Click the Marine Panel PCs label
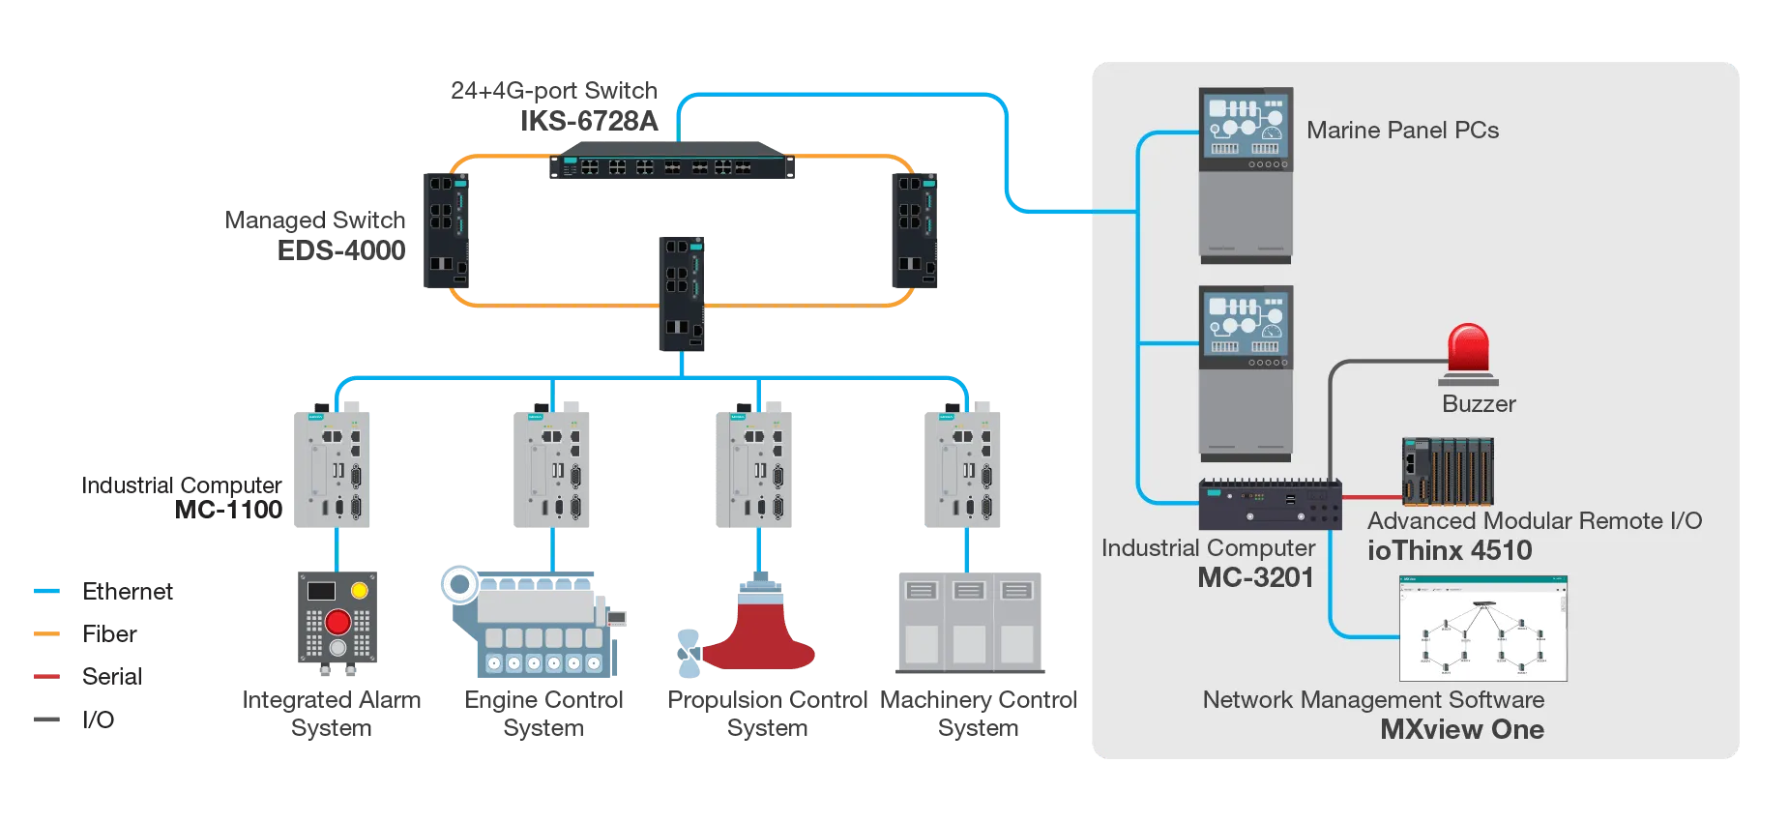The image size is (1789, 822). [x=1402, y=131]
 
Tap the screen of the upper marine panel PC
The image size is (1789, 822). [x=1246, y=127]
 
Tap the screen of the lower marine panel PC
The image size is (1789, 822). [x=1246, y=325]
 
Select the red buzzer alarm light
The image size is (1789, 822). [x=1468, y=348]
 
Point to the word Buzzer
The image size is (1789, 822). [x=1479, y=404]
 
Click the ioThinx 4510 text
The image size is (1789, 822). [x=1449, y=550]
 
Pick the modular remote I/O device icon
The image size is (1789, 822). [x=1448, y=471]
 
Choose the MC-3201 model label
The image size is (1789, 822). [x=1255, y=577]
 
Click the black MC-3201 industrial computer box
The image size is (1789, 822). [x=1270, y=504]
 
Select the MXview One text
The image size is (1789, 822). [x=1461, y=729]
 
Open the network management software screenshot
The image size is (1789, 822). [x=1482, y=629]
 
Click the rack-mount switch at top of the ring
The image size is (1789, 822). [x=672, y=166]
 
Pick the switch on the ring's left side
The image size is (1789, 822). [x=443, y=232]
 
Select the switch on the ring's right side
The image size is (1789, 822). [x=916, y=232]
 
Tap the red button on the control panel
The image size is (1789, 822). [x=337, y=622]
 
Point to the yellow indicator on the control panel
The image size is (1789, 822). [x=359, y=590]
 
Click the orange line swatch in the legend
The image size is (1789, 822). [x=46, y=633]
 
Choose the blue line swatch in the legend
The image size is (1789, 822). [x=46, y=591]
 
